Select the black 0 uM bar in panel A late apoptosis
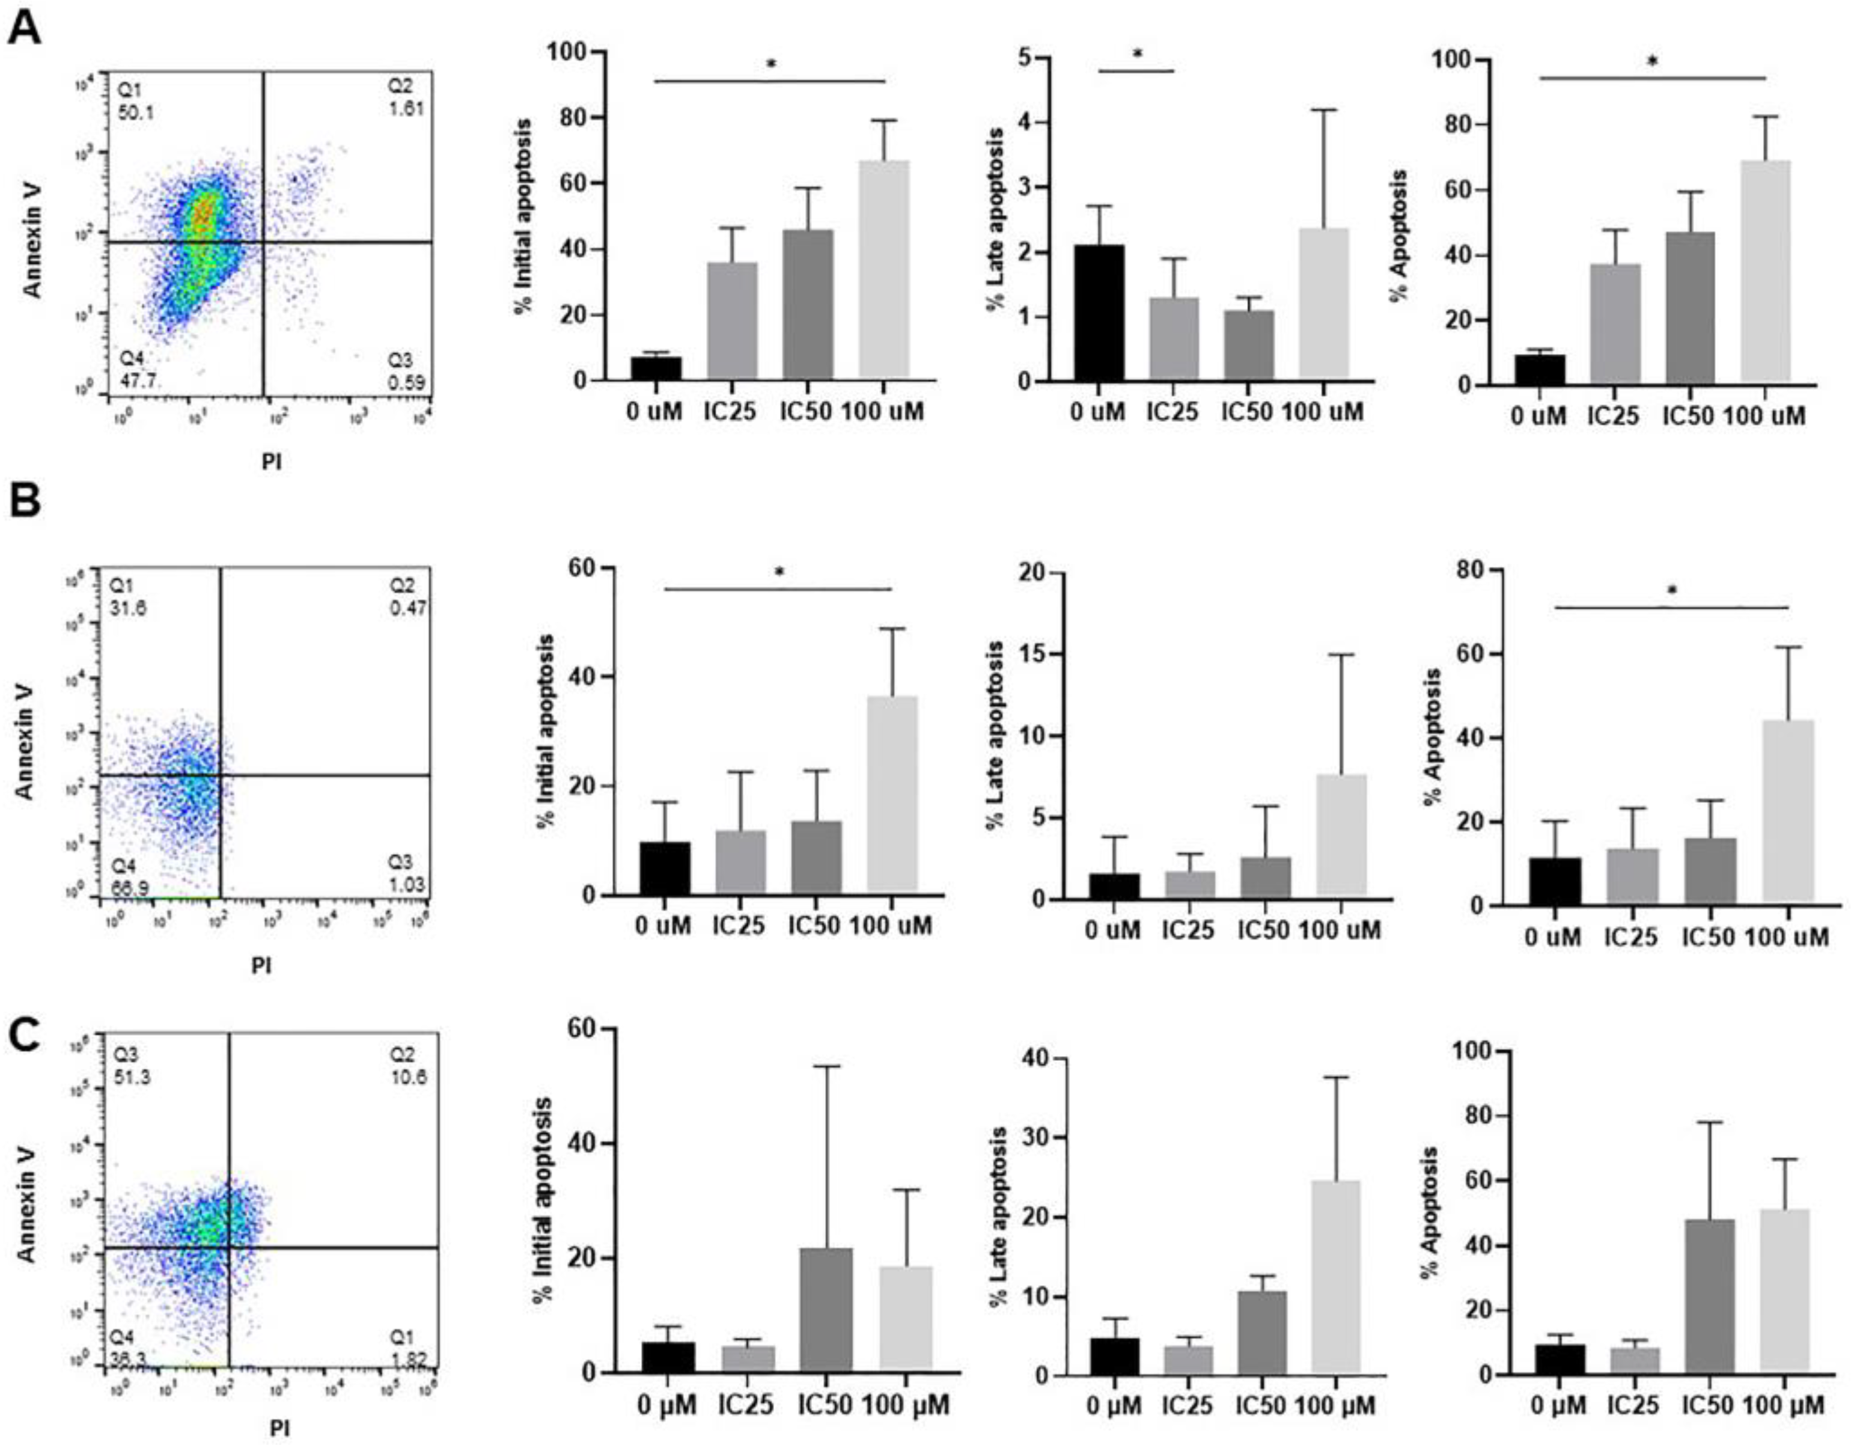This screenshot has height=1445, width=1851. click(x=1099, y=314)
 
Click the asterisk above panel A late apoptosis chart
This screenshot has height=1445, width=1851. click(x=1138, y=54)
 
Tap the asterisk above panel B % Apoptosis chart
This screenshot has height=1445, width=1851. click(x=1671, y=591)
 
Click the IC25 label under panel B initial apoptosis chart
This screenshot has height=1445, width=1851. click(x=740, y=926)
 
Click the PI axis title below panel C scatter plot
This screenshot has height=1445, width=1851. click(x=279, y=1428)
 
